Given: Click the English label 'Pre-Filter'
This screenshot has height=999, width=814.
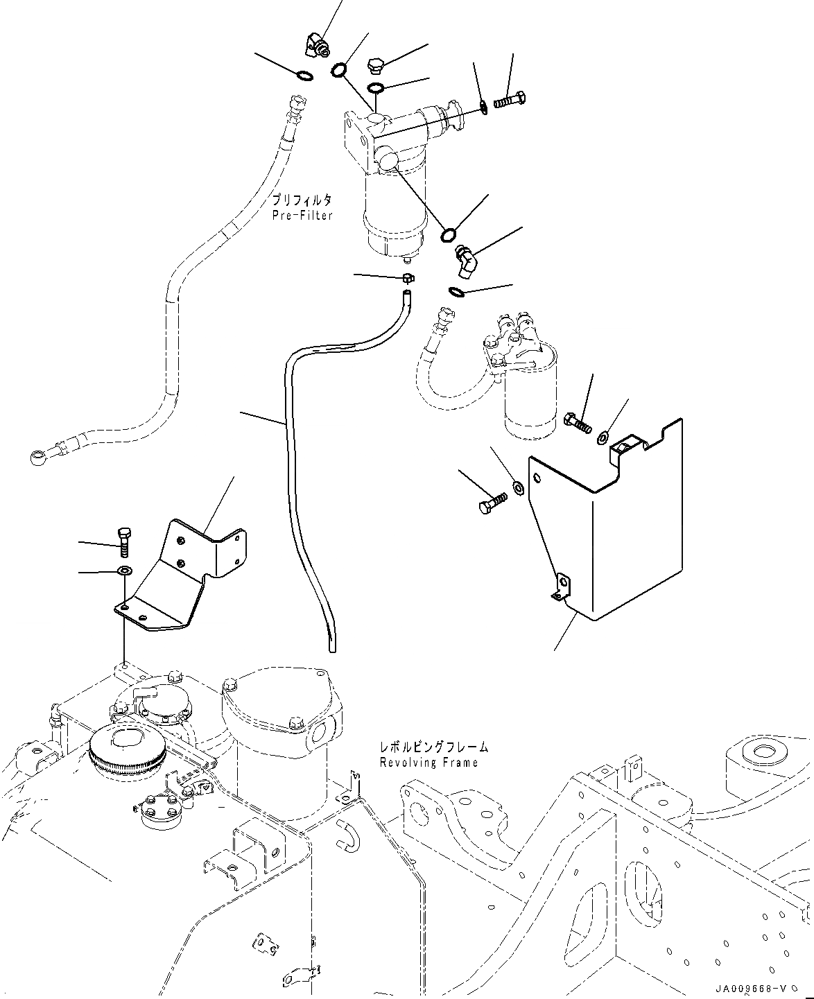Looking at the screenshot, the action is (x=302, y=216).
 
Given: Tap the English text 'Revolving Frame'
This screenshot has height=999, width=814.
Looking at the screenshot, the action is (x=428, y=763).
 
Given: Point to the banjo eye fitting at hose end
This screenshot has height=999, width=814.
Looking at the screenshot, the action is (x=37, y=458).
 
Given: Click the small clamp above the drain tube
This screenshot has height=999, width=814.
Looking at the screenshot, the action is (x=408, y=279).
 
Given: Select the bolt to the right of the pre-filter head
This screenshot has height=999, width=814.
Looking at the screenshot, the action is (x=509, y=100).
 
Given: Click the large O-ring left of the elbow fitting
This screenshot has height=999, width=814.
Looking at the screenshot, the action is (x=449, y=234).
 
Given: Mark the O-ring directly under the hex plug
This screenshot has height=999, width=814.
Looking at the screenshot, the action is (x=376, y=87).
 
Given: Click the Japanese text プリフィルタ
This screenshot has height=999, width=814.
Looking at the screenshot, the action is (x=302, y=200).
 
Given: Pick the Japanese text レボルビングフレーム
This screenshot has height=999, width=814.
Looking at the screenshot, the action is (x=434, y=747).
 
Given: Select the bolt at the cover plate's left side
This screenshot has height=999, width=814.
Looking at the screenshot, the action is (x=493, y=503).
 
